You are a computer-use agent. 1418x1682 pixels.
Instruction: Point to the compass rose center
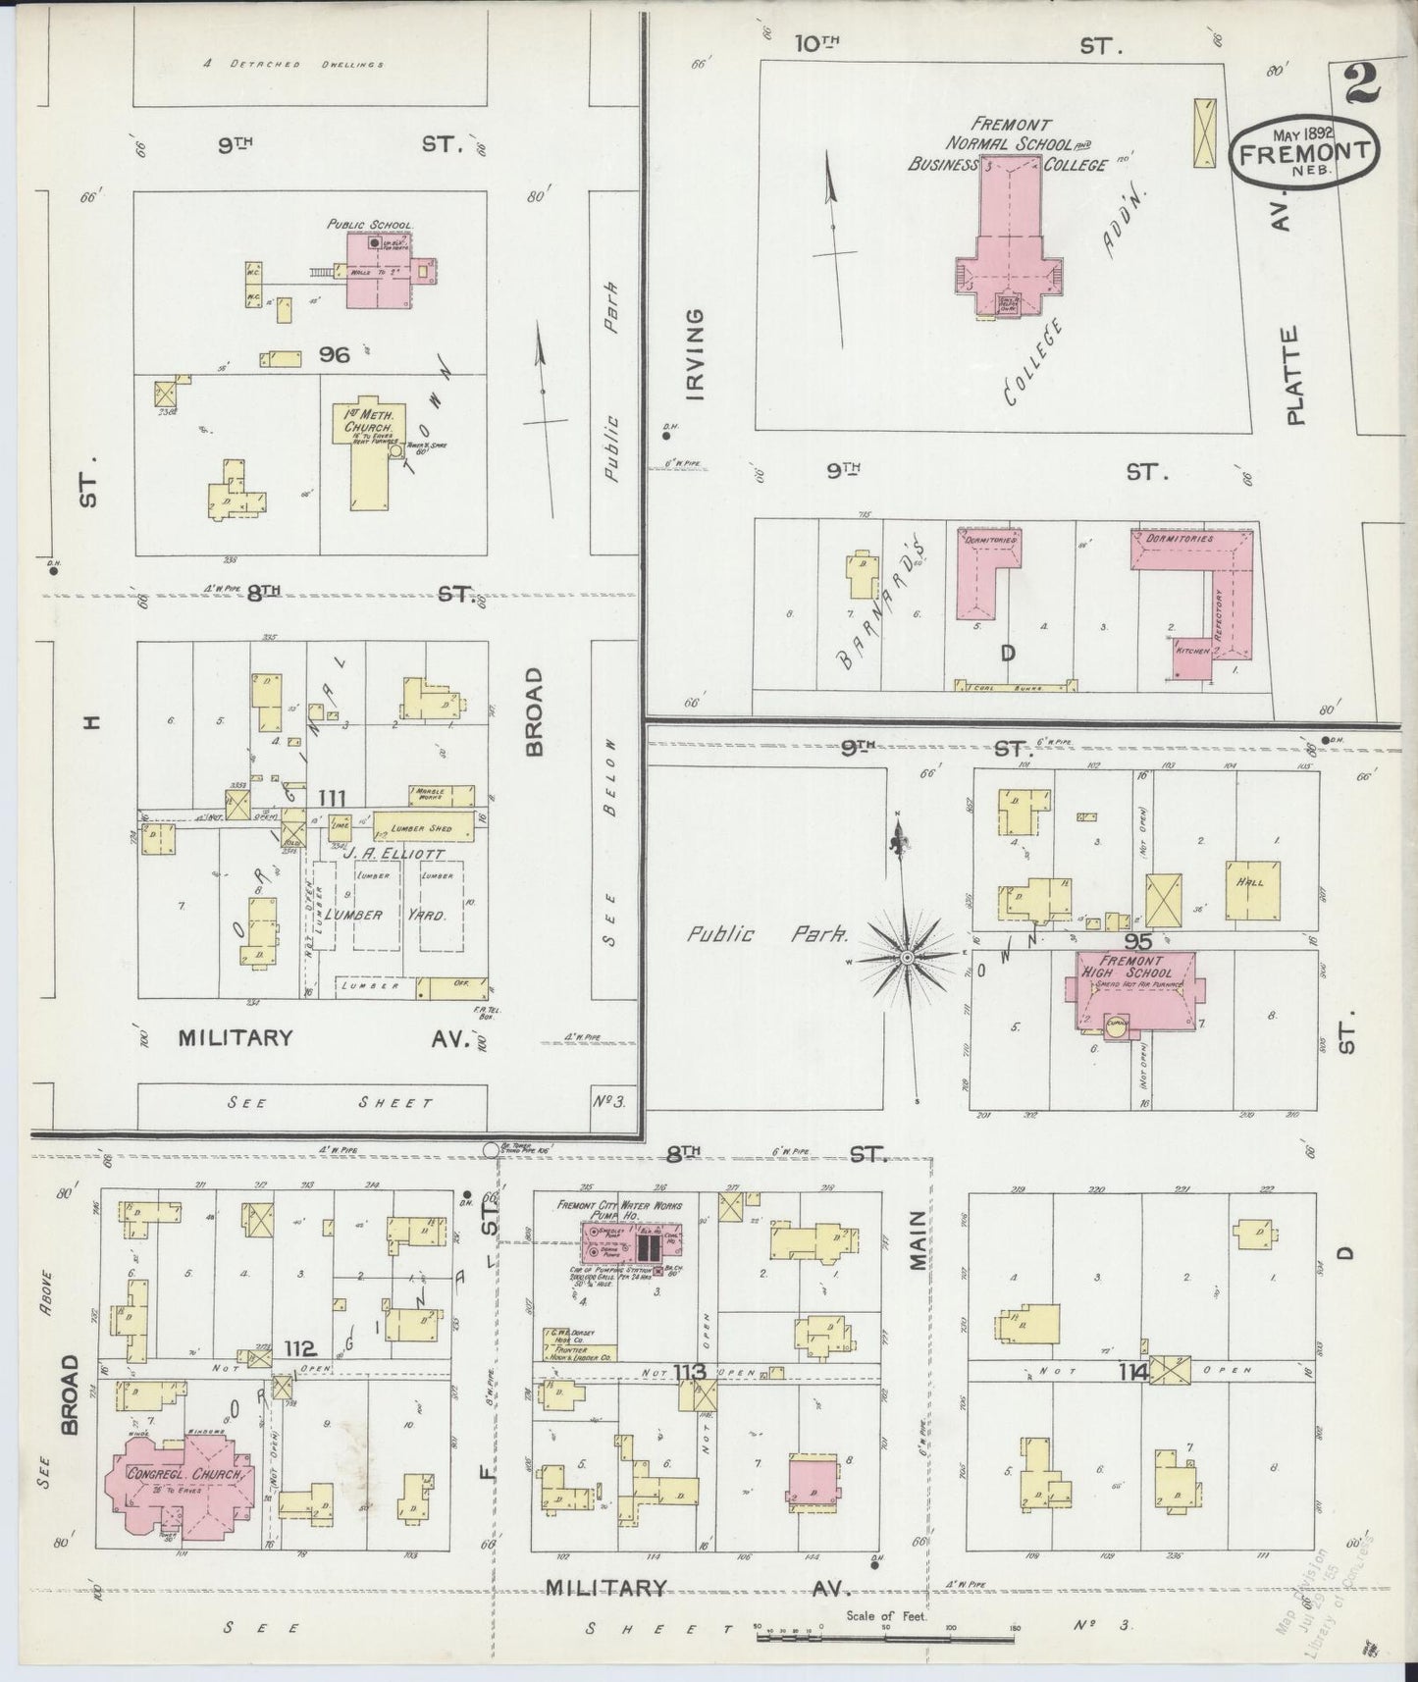tap(908, 956)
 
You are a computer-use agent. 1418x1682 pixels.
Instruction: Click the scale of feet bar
tap(883, 1637)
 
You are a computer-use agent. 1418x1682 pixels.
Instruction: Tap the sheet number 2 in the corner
tap(1362, 83)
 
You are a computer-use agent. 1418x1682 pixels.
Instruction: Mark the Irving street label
tap(695, 355)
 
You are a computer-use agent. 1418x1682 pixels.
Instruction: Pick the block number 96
tap(334, 354)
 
